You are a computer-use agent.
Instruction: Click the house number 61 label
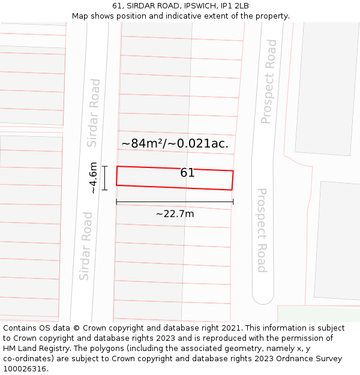click(187, 173)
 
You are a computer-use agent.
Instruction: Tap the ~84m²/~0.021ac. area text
click(175, 143)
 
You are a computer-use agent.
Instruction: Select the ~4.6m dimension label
click(93, 178)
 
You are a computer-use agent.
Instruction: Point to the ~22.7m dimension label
click(175, 214)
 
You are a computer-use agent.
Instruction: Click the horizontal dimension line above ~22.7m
click(175, 202)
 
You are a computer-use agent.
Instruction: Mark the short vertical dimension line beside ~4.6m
click(104, 178)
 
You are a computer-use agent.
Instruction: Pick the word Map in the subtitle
click(80, 16)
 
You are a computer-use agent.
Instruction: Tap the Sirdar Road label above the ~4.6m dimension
click(94, 113)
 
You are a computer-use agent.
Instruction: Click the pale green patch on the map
click(318, 313)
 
